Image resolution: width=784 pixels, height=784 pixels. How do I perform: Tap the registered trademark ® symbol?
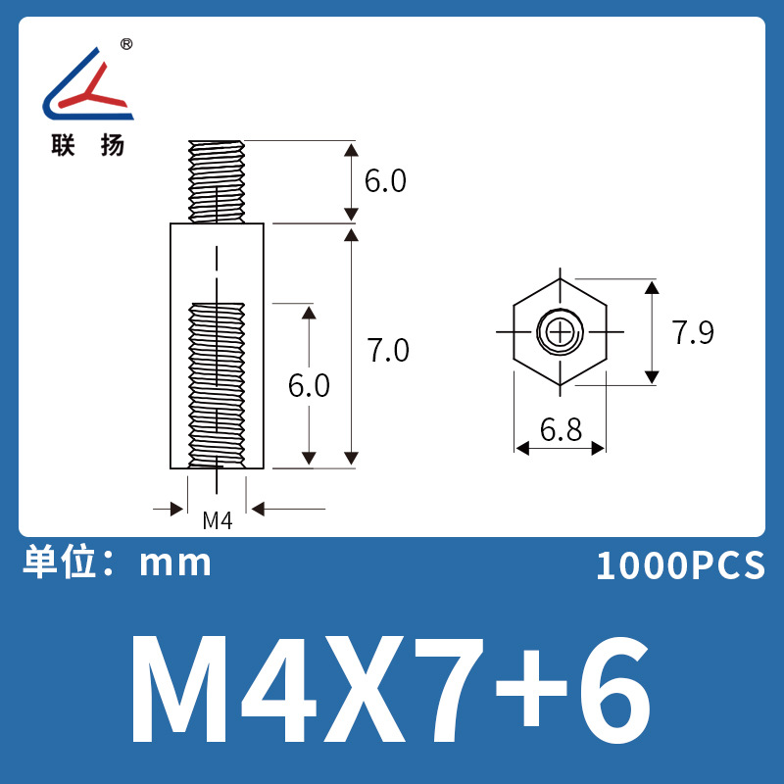(126, 44)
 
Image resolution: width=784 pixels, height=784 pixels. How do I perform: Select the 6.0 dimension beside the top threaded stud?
(384, 181)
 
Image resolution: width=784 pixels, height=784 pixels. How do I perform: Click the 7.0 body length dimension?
(387, 350)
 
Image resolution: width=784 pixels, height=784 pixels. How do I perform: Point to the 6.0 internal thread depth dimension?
(309, 386)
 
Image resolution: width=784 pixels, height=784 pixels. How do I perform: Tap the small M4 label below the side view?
(217, 521)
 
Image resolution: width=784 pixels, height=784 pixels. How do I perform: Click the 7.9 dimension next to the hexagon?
(693, 333)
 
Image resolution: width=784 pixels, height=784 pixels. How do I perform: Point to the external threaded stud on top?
(217, 181)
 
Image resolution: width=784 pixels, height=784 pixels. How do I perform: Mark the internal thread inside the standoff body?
(217, 382)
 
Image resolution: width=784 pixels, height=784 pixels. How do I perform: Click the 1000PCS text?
(679, 566)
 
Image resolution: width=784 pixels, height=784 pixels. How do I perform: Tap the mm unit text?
(176, 563)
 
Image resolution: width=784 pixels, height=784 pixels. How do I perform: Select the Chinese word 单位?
(59, 563)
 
